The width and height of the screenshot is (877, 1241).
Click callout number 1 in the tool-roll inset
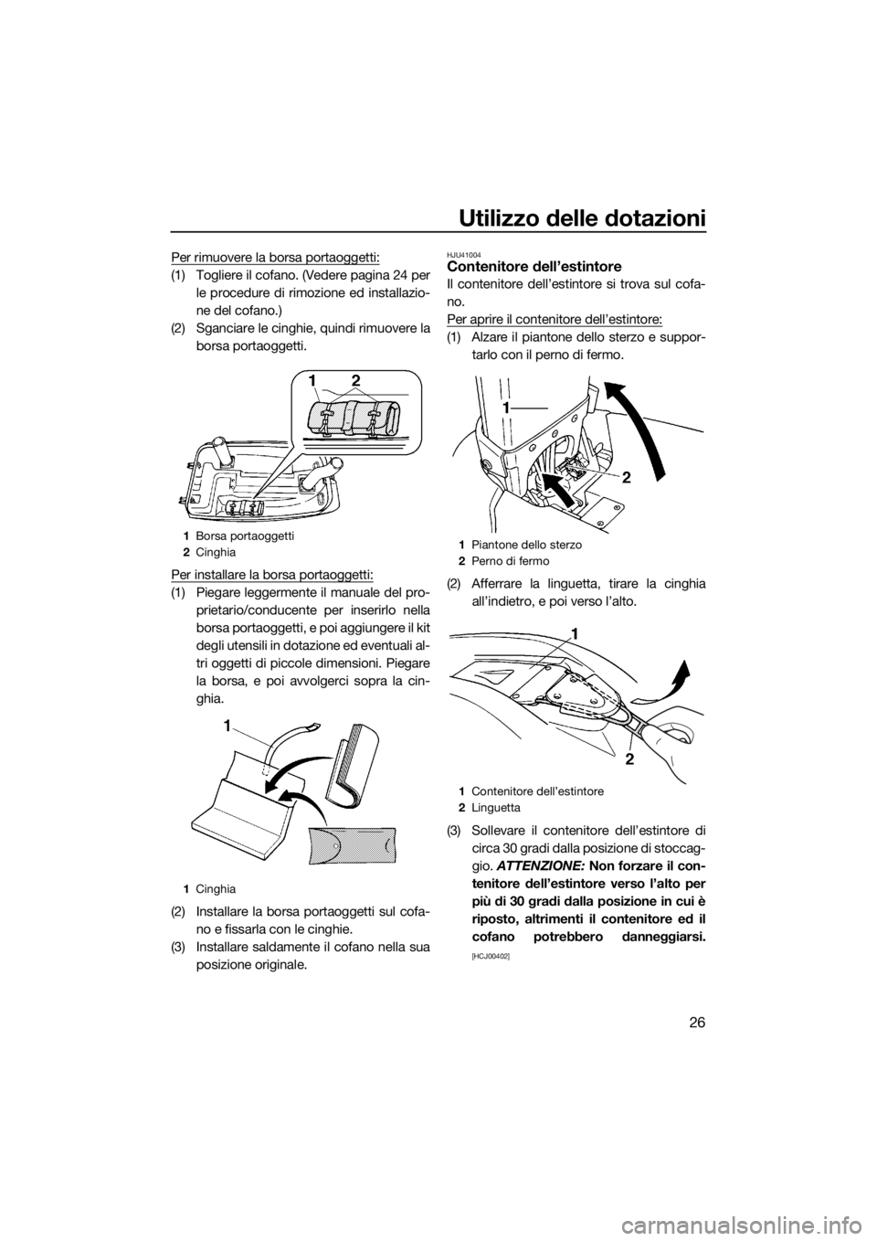click(312, 377)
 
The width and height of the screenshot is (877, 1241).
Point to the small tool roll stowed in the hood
click(242, 504)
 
